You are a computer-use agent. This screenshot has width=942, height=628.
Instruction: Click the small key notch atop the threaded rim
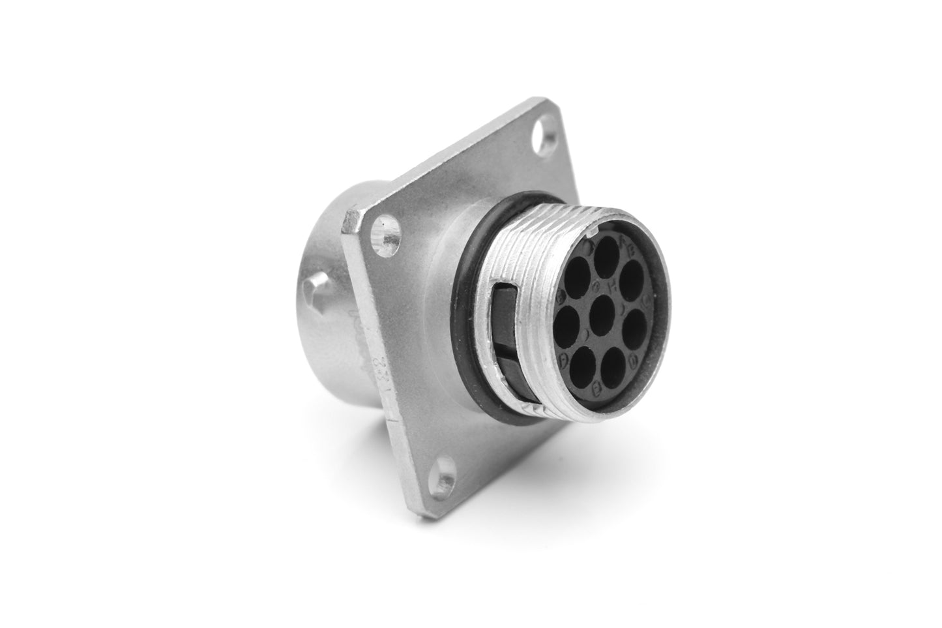tap(592, 230)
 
